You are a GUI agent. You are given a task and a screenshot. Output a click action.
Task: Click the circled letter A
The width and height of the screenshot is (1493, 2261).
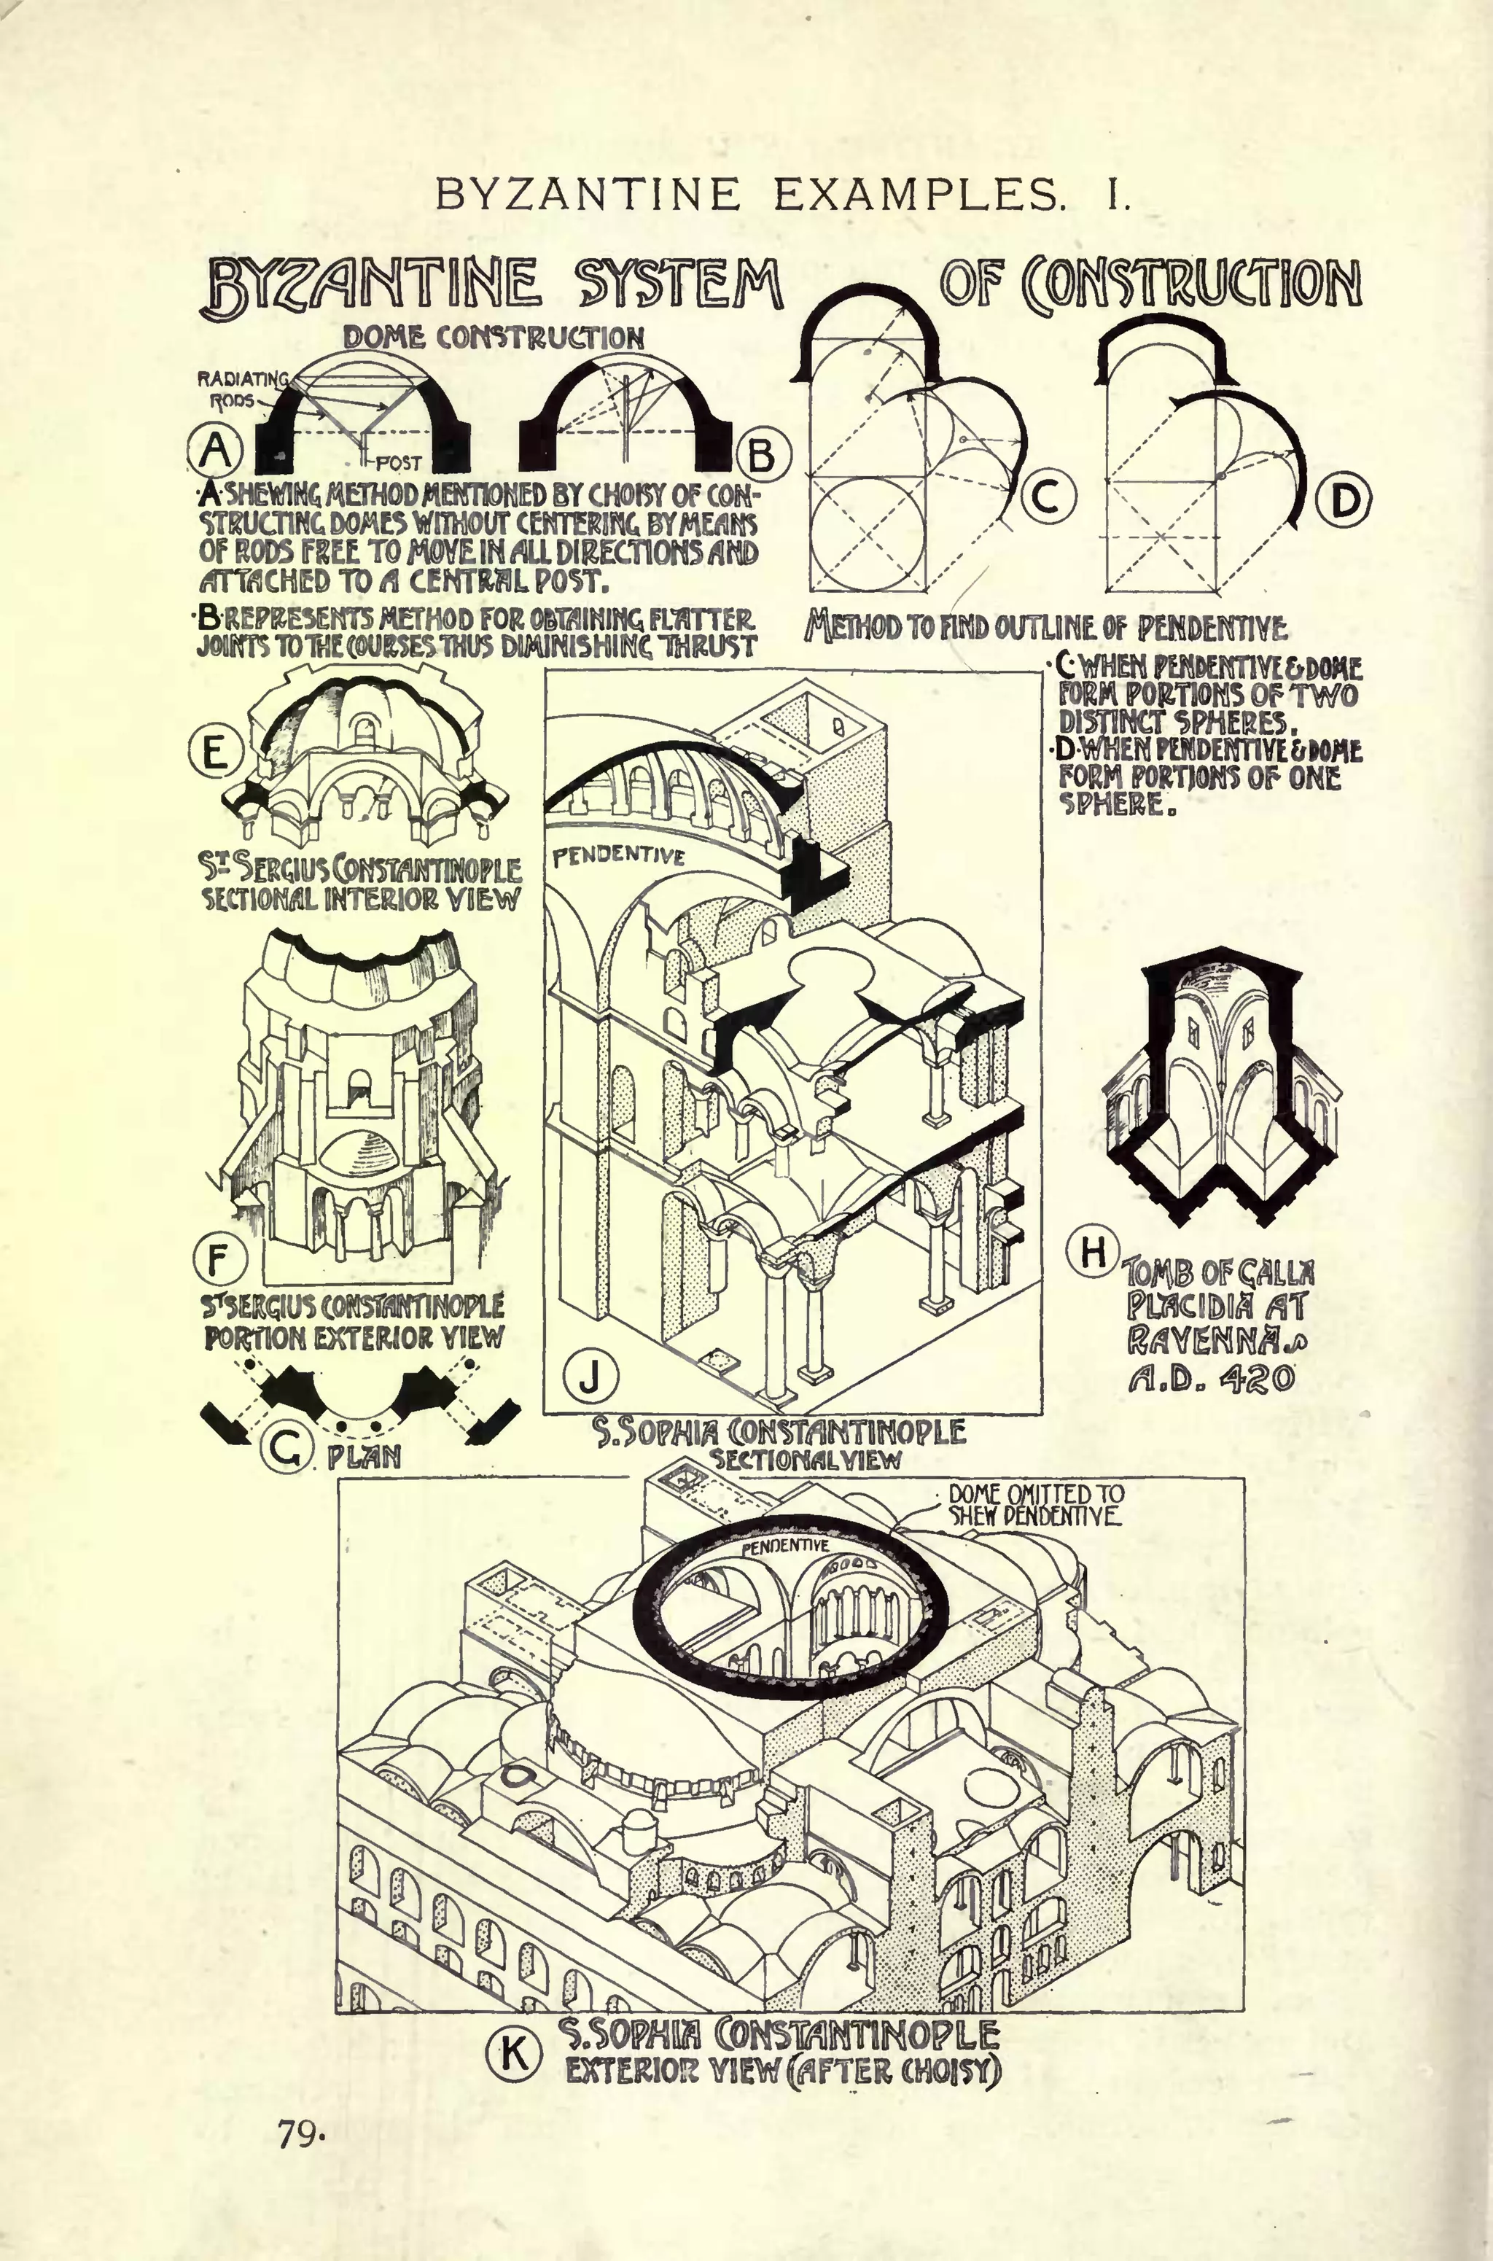[216, 448]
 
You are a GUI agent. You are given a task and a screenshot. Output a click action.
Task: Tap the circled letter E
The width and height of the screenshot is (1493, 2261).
[214, 752]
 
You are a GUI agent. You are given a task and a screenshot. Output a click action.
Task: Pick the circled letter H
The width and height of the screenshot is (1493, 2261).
[1091, 1250]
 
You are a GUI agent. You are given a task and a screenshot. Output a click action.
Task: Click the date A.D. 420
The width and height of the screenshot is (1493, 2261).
[1210, 1378]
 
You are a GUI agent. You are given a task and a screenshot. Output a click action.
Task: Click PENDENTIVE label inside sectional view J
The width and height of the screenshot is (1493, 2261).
[618, 855]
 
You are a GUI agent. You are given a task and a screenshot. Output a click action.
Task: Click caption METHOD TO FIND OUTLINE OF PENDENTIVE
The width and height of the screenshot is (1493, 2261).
[1045, 628]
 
